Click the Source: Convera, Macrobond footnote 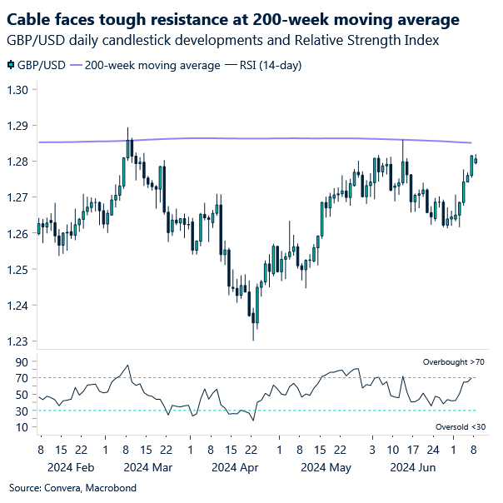(72, 487)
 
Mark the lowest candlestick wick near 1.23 (252, 338)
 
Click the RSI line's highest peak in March (127, 365)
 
